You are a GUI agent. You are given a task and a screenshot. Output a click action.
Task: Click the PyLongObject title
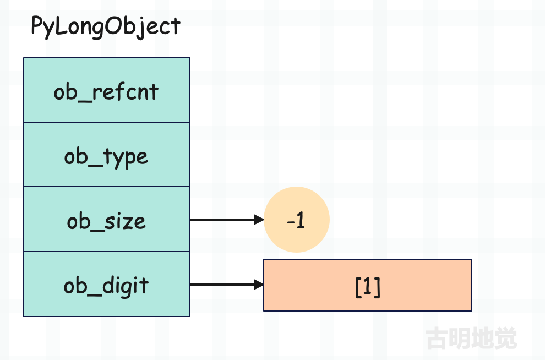pos(106,26)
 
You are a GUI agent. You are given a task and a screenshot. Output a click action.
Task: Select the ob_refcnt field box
pos(107,90)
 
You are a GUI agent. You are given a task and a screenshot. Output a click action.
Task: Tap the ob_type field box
pos(107,155)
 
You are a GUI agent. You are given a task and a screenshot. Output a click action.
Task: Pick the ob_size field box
pos(107,219)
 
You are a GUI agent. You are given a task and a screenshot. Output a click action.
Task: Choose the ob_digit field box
pos(107,284)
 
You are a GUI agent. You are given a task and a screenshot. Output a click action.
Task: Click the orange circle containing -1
pos(297,220)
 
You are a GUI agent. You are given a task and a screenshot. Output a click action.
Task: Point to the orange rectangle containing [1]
pos(368,285)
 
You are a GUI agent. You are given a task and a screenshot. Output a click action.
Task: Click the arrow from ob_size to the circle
pos(227,220)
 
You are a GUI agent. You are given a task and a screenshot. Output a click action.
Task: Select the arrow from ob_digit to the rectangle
pos(227,285)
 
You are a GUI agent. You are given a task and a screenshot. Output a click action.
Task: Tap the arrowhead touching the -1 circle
pos(259,220)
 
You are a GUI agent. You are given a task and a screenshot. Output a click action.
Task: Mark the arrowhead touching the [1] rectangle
pos(259,285)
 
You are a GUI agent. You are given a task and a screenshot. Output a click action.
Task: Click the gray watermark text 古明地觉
pos(471,338)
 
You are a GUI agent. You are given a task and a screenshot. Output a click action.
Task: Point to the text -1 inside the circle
pos(296,220)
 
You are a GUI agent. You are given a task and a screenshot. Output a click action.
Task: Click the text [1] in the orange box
pos(368,287)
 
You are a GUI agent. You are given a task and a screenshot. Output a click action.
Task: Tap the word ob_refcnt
pos(106,92)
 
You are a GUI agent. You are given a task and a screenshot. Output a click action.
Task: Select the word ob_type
pos(106,157)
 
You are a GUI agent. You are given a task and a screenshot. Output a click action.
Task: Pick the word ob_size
pos(106,222)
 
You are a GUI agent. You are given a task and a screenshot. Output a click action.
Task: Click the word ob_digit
pos(106,287)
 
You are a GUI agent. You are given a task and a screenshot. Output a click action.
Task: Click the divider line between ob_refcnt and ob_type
pos(107,123)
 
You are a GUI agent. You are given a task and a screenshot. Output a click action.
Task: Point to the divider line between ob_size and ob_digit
pos(107,251)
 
